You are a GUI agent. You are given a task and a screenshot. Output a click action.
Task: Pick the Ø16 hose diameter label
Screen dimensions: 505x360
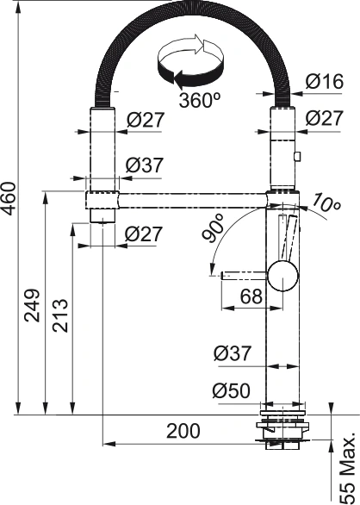(324, 83)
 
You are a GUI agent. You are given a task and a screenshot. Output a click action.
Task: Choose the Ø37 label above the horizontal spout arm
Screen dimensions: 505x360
(144, 165)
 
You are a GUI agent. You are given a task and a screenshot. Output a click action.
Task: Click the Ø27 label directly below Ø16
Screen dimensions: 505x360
(324, 118)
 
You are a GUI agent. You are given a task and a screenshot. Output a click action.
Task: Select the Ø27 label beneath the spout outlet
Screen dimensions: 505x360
(144, 233)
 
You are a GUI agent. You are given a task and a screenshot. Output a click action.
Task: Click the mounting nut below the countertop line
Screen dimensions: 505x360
(282, 431)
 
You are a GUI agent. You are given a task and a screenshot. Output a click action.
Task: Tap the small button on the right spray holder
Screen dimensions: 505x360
(297, 157)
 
